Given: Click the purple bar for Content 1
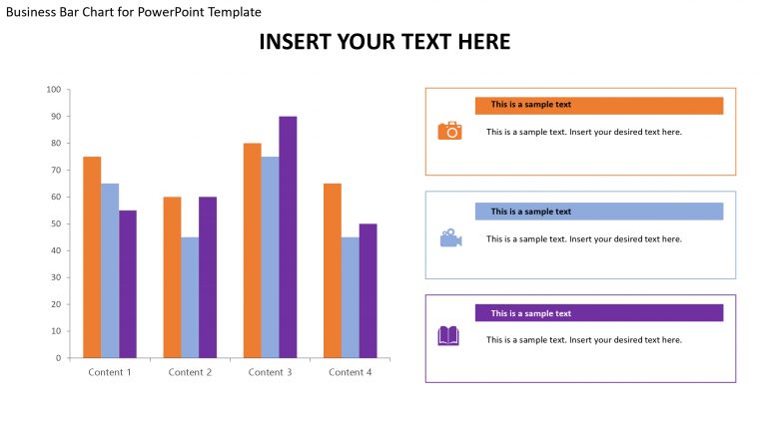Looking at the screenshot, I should click(x=128, y=283).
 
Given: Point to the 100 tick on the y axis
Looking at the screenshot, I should click(x=54, y=90).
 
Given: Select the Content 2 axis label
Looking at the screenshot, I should click(x=190, y=372).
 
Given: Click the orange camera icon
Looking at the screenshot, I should click(x=450, y=131).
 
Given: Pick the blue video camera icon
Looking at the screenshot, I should click(x=450, y=238).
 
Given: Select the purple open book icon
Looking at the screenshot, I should click(x=448, y=336).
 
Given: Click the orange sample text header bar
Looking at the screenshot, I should click(x=598, y=105).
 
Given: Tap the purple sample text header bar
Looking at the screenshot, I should click(x=598, y=313).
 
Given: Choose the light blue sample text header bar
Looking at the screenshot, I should click(x=598, y=212).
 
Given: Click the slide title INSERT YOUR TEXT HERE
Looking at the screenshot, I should click(x=384, y=42).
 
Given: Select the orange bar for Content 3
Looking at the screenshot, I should click(x=252, y=249).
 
